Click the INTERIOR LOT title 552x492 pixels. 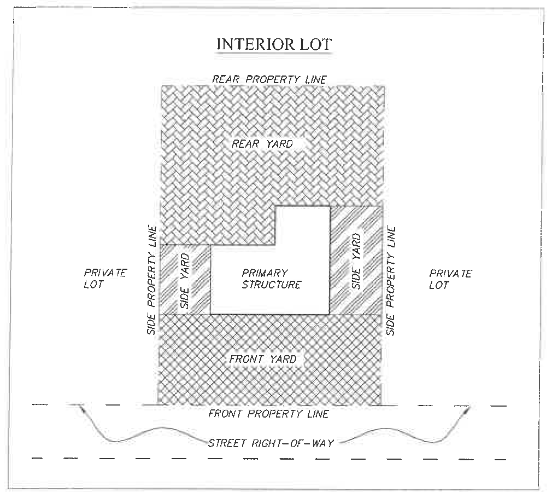[274, 44]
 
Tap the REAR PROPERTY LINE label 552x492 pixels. [269, 79]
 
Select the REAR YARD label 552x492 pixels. [262, 144]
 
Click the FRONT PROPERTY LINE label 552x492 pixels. [268, 414]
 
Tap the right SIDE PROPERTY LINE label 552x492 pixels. [391, 281]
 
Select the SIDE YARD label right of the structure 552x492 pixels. [356, 261]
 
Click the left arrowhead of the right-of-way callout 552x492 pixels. [81, 407]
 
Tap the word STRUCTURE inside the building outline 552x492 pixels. [272, 285]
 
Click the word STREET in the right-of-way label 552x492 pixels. [227, 442]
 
